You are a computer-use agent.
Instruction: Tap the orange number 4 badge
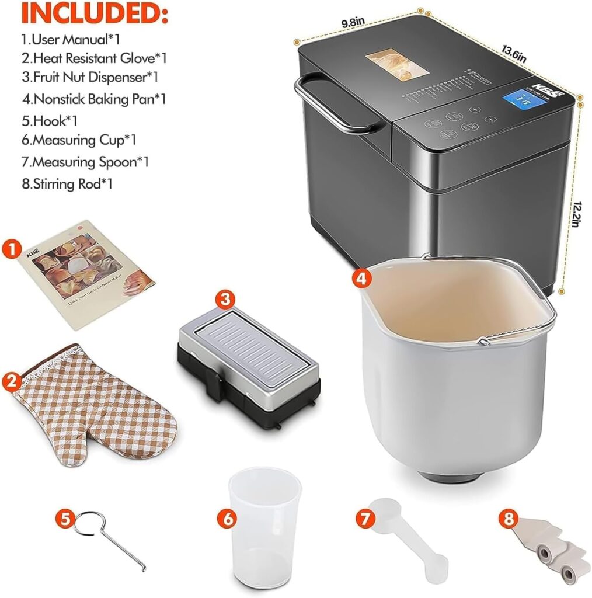363,279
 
